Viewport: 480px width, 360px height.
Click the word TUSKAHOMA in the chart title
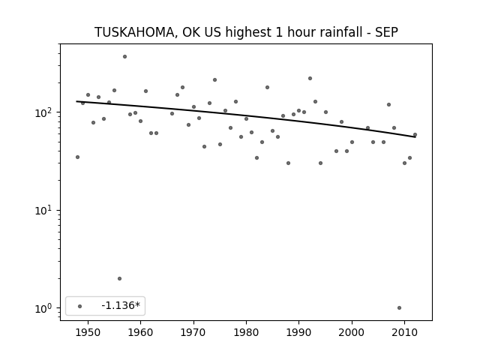pyautogui.click(x=134, y=32)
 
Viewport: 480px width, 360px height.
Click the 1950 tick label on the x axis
pyautogui.click(x=88, y=332)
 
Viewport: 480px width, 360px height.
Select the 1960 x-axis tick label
pyautogui.click(x=140, y=332)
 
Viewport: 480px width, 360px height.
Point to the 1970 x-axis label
pyautogui.click(x=193, y=332)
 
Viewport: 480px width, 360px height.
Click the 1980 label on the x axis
pyautogui.click(x=246, y=332)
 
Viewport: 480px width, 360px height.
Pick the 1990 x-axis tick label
pyautogui.click(x=299, y=332)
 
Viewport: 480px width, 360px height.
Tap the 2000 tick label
pyautogui.click(x=352, y=332)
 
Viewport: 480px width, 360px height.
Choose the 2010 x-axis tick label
pyautogui.click(x=405, y=332)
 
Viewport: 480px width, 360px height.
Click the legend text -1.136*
pyautogui.click(x=121, y=305)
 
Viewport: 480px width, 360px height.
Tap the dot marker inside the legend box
pyautogui.click(x=80, y=306)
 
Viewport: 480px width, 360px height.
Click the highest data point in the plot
pyautogui.click(x=125, y=57)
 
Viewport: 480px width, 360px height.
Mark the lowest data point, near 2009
pyautogui.click(x=399, y=308)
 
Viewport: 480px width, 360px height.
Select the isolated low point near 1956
pyautogui.click(x=120, y=278)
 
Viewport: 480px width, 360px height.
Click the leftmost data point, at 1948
pyautogui.click(x=77, y=157)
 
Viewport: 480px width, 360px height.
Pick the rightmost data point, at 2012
pyautogui.click(x=415, y=135)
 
